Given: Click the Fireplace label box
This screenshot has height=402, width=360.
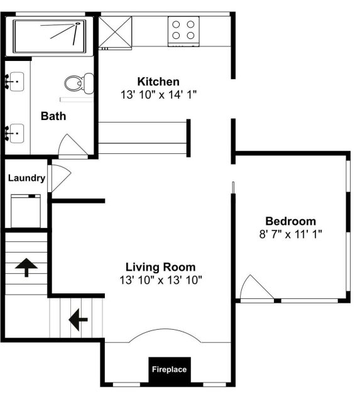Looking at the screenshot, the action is [170, 369].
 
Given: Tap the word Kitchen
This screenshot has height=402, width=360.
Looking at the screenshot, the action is [158, 82].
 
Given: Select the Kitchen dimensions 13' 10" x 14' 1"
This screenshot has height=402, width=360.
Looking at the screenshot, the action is [158, 95].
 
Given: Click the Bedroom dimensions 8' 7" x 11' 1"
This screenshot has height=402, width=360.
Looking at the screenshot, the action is [290, 234].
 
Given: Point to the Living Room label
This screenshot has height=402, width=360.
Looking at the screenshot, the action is [160, 267].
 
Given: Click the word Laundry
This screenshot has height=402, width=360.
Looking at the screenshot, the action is [26, 178].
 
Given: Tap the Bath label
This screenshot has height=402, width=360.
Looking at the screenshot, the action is [53, 116].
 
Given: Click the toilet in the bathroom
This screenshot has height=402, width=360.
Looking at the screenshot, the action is [79, 84].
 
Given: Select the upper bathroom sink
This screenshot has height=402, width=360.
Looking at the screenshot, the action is [15, 82].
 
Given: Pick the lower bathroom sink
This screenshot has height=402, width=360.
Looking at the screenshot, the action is [15, 133].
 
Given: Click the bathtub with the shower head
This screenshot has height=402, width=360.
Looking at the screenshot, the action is [50, 36].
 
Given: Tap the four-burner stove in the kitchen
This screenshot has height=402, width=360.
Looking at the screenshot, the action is [183, 31].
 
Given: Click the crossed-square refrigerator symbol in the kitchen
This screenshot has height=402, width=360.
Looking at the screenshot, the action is [115, 32].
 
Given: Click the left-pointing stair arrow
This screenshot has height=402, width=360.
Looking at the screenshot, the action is [78, 320].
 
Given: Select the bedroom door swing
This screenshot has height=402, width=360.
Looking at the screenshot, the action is [256, 287].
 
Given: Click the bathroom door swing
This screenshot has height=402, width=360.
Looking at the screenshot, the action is [73, 144].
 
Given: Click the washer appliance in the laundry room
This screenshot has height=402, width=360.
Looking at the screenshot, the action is [26, 211].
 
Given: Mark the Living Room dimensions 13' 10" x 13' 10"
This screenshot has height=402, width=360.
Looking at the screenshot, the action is [161, 280].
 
